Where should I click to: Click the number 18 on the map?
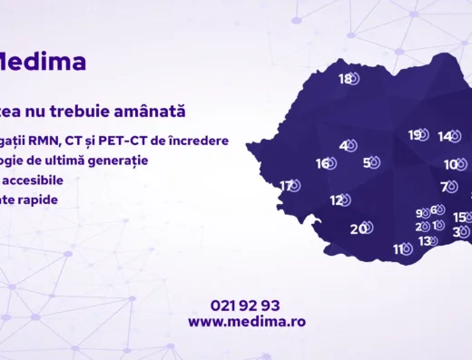pos(345,79)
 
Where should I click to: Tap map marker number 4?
pos(344,145)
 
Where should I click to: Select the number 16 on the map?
pos(322,164)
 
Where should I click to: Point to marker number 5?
pos(367,163)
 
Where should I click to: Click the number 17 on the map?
pos(287,186)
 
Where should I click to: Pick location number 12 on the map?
pos(336,200)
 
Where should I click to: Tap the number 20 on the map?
pos(358,229)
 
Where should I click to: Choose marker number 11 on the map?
pos(398,249)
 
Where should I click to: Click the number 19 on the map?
pos(414,135)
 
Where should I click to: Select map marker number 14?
pos(444,137)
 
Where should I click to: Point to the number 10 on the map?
pos(450,165)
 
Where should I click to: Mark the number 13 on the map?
pos(424,241)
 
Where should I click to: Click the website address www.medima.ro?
pos(247,321)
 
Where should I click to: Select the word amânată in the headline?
pos(154,112)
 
